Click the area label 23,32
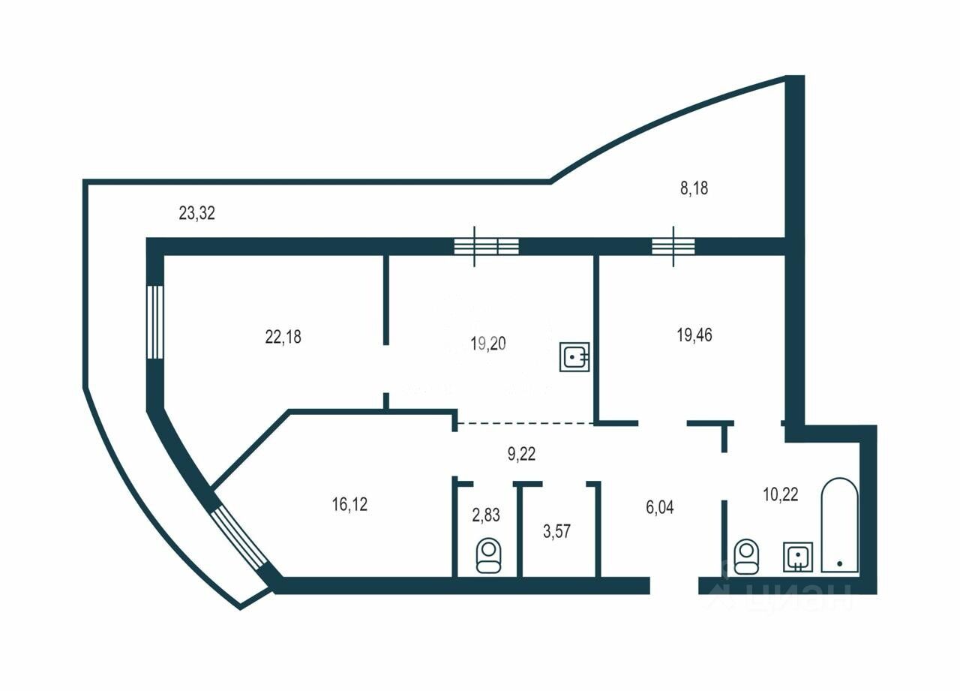coord(196,213)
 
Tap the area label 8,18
coord(694,188)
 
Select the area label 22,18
coord(283,337)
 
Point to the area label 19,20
coord(488,344)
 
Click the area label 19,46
coord(694,335)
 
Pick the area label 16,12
coord(349,504)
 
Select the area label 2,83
coord(485,515)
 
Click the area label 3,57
coord(556,532)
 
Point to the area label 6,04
coord(660,507)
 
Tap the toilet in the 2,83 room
coord(488,555)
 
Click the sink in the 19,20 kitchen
coord(574,356)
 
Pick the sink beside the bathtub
coord(797,557)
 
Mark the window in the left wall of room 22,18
coord(154,323)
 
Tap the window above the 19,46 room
coord(673,246)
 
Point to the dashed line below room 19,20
coord(525,424)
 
